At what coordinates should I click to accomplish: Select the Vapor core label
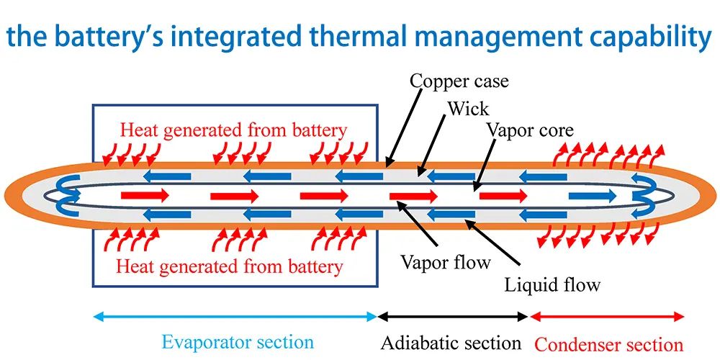[x=530, y=130]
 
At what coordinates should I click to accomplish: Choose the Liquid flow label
[x=552, y=284]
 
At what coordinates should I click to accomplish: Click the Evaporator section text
[x=238, y=341]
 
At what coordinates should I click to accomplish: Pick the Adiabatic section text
[x=451, y=341]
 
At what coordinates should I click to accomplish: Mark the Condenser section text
[x=609, y=343]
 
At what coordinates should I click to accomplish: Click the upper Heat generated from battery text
[x=233, y=130]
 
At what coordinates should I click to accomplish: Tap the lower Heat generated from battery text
[x=229, y=266]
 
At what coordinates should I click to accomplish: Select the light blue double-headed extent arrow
[x=235, y=316]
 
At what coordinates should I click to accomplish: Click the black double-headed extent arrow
[x=453, y=316]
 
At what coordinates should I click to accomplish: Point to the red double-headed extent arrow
[x=607, y=316]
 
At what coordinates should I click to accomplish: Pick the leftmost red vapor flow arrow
[x=145, y=195]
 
